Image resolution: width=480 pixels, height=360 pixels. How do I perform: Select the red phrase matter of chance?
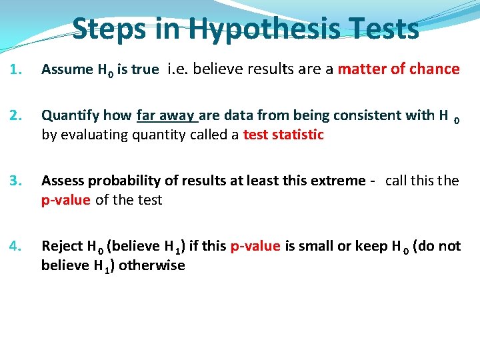tap(399, 69)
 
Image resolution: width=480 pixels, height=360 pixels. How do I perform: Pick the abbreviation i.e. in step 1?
tap(178, 69)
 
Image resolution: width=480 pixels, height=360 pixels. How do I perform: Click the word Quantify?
tap(70, 116)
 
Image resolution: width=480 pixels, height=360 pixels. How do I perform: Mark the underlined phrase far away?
tap(167, 116)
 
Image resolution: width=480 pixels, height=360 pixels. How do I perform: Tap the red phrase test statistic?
tap(283, 135)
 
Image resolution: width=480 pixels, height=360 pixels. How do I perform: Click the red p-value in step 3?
tap(65, 200)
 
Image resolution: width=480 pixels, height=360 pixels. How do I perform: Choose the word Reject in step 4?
tap(62, 247)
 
